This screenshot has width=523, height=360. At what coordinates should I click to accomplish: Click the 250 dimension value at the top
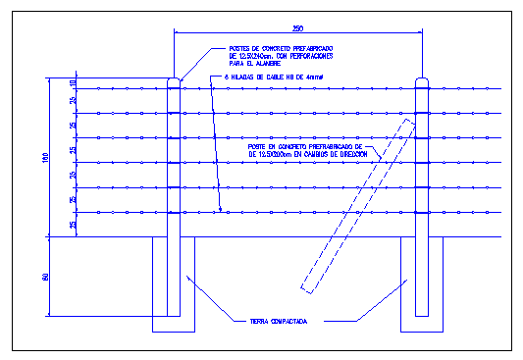297,26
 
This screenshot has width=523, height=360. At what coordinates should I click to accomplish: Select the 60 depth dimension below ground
46,278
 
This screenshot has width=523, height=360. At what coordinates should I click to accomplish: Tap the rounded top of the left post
174,80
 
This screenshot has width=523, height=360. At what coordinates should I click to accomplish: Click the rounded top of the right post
423,80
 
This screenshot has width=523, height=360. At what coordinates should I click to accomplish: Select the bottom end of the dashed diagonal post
307,289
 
